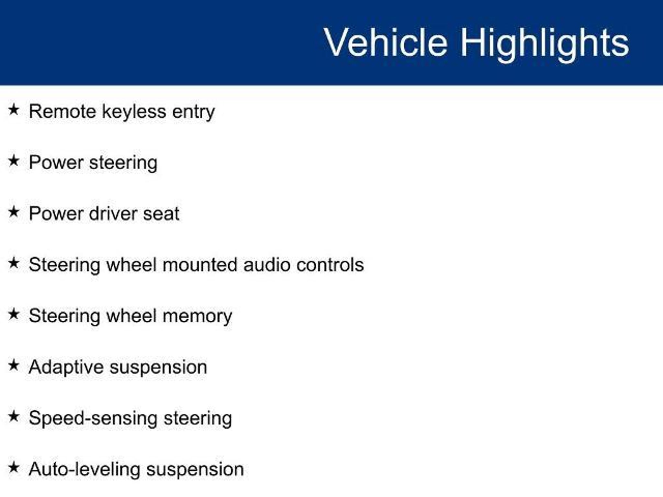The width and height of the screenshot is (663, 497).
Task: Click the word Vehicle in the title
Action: pos(386,42)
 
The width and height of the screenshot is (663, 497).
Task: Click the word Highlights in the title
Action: pos(545,44)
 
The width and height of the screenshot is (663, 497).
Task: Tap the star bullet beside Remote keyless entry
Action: pos(14,110)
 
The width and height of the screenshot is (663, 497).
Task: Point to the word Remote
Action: pos(62,111)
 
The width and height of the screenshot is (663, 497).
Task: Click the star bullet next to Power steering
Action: pos(14,160)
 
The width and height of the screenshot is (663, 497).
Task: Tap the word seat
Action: pos(161,214)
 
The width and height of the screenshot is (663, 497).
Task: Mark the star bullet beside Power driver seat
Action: pos(14,212)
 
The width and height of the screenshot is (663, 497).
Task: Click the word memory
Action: pos(197,316)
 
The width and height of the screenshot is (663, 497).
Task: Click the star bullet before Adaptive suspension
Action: pos(14,365)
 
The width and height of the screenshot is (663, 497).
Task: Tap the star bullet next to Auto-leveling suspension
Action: pos(14,468)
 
